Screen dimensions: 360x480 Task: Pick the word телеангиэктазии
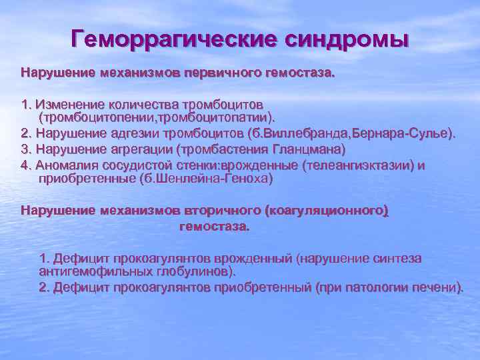(361, 165)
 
